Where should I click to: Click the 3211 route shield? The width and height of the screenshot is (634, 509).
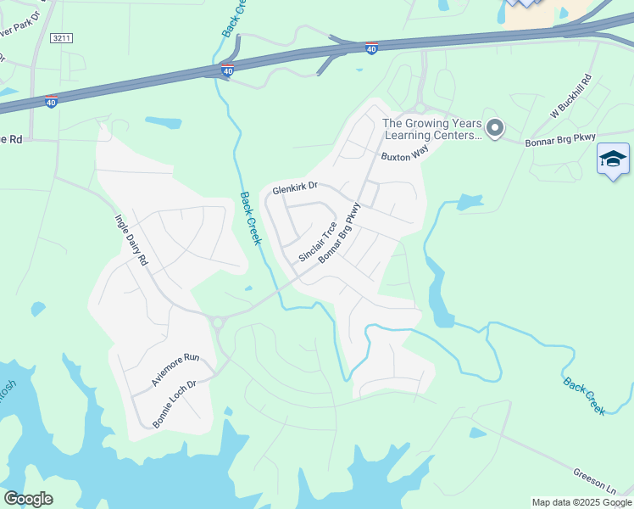(61, 38)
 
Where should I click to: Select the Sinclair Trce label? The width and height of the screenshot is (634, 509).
(318, 242)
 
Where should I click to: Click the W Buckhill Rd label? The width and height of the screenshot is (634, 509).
(569, 99)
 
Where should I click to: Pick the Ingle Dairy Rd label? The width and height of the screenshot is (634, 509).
(131, 240)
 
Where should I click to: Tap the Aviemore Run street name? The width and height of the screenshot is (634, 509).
(175, 371)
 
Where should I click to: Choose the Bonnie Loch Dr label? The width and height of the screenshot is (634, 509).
(174, 397)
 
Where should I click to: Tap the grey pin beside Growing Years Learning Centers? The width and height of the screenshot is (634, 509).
(495, 128)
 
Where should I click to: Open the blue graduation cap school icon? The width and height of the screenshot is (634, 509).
(613, 159)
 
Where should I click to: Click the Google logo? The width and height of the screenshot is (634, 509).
(28, 499)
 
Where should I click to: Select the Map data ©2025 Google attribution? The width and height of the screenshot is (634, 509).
(581, 502)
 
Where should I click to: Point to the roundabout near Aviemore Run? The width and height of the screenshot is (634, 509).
(217, 322)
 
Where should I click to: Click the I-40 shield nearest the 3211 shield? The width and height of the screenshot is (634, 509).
(51, 102)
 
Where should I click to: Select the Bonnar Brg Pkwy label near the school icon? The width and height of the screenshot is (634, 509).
(560, 137)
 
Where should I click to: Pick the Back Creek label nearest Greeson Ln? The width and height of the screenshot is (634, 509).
(585, 395)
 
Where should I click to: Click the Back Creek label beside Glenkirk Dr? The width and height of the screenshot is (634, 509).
(249, 218)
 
